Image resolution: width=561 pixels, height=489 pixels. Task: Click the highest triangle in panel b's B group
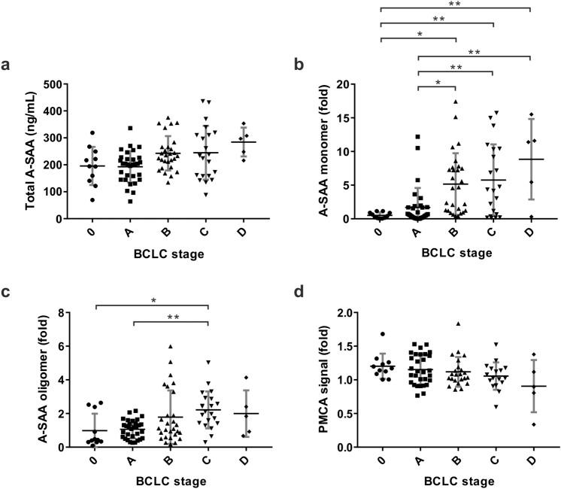click(x=455, y=101)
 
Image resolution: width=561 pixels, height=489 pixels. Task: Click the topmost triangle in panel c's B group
click(x=171, y=346)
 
